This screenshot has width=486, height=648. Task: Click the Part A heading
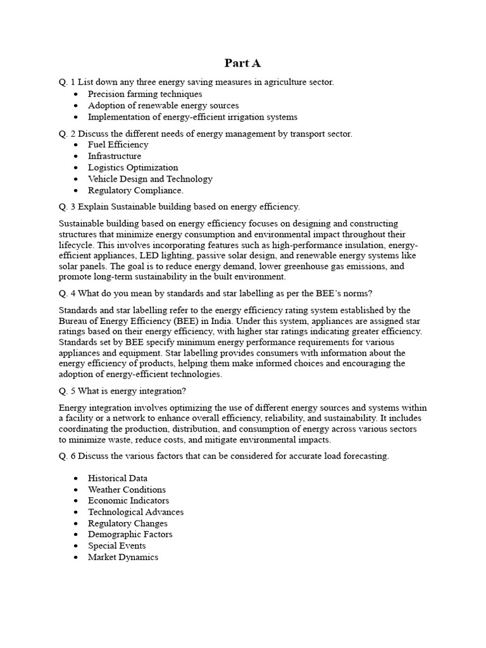tap(242, 63)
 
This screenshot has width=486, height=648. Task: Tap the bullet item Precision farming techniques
tap(145, 94)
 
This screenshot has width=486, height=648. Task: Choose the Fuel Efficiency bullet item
tap(118, 145)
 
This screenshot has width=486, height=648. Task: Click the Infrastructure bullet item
tap(115, 156)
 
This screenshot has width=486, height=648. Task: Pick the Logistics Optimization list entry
tap(133, 168)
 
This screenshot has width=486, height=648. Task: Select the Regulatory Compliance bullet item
tap(135, 190)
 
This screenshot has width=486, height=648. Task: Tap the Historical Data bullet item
tap(118, 478)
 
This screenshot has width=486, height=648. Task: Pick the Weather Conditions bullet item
tap(127, 490)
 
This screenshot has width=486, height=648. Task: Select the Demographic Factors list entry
tap(130, 535)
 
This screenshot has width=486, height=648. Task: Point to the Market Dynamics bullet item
tap(123, 558)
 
